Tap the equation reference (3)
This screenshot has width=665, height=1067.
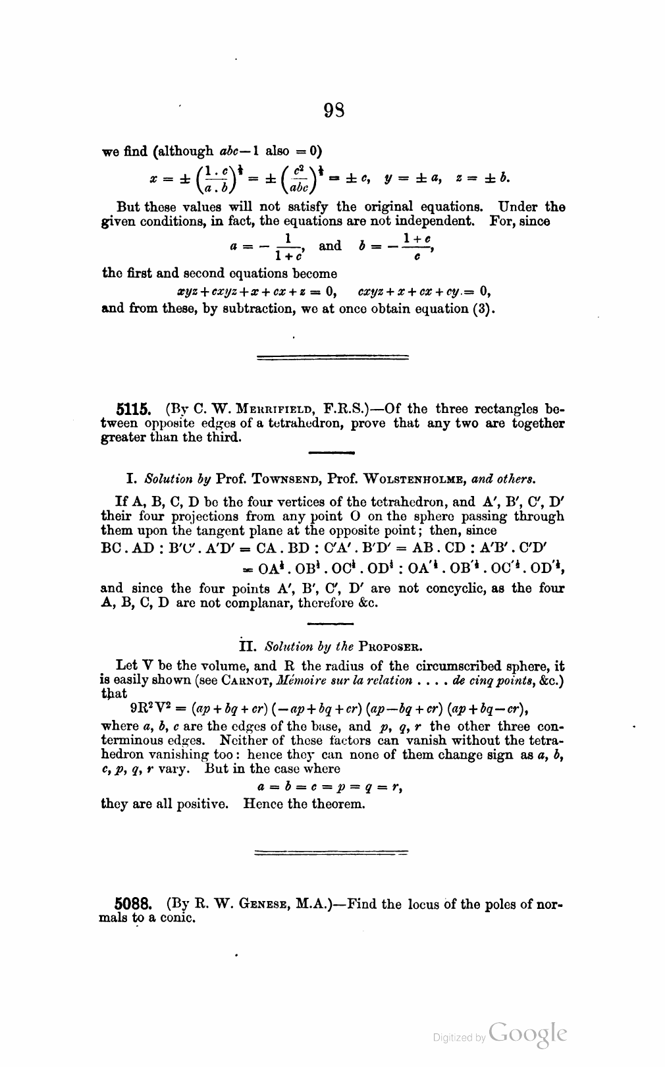pyautogui.click(x=484, y=309)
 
